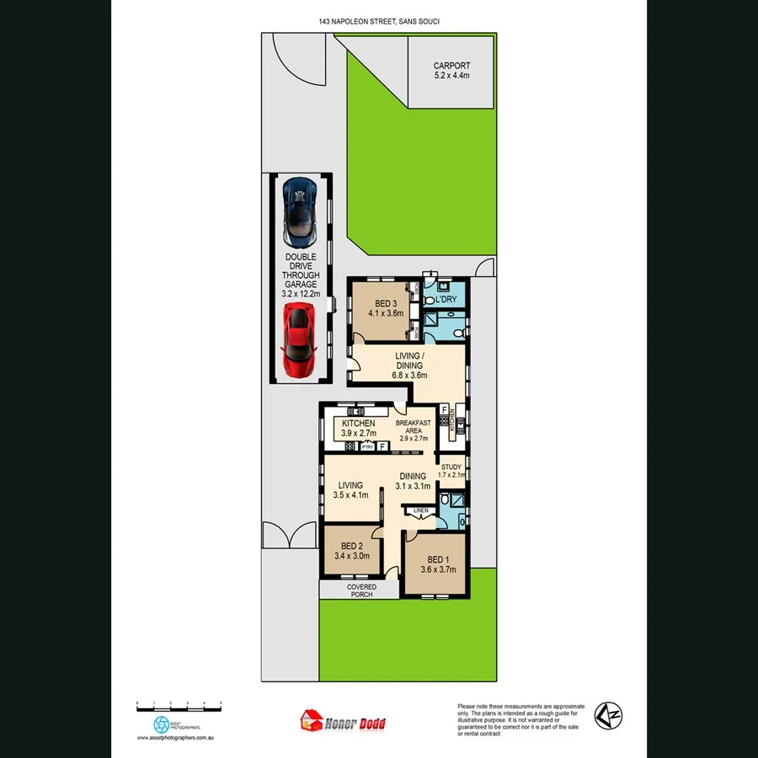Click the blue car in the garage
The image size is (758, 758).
(x=301, y=208)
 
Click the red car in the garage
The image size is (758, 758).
(x=299, y=340)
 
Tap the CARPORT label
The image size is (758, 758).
(x=451, y=66)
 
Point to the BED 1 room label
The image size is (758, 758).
(x=438, y=559)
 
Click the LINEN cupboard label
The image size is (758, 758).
(x=420, y=510)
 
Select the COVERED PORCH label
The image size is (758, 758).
(x=360, y=590)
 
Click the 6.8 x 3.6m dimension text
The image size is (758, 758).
(x=408, y=376)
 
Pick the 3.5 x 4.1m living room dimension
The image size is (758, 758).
(x=350, y=496)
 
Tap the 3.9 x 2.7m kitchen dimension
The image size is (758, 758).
(x=358, y=433)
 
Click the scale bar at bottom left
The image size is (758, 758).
(x=179, y=703)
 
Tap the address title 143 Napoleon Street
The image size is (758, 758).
(x=379, y=21)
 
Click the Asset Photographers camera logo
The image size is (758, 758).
(x=162, y=723)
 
